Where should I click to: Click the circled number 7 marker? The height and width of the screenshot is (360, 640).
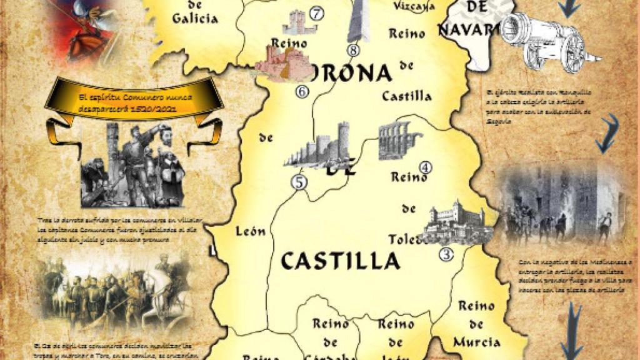pyautogui.click(x=317, y=12)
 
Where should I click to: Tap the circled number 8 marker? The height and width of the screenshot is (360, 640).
pyautogui.click(x=354, y=51)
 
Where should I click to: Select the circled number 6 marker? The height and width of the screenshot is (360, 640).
pyautogui.click(x=302, y=91)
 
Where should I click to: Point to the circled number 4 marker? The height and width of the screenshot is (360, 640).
pyautogui.click(x=426, y=167)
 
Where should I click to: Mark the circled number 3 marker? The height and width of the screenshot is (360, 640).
pyautogui.click(x=446, y=254)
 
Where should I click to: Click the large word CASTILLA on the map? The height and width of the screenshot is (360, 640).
pyautogui.click(x=340, y=261)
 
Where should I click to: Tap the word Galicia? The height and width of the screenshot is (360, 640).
pyautogui.click(x=195, y=18)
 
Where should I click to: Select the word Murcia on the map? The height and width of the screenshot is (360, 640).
pyautogui.click(x=477, y=342)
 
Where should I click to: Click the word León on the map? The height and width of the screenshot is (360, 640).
pyautogui.click(x=251, y=232)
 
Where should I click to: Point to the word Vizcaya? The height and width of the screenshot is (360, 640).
pyautogui.click(x=414, y=6)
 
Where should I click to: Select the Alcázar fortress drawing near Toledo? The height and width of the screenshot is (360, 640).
pyautogui.click(x=455, y=221)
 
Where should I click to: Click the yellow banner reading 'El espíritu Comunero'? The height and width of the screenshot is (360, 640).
pyautogui.click(x=134, y=102)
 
